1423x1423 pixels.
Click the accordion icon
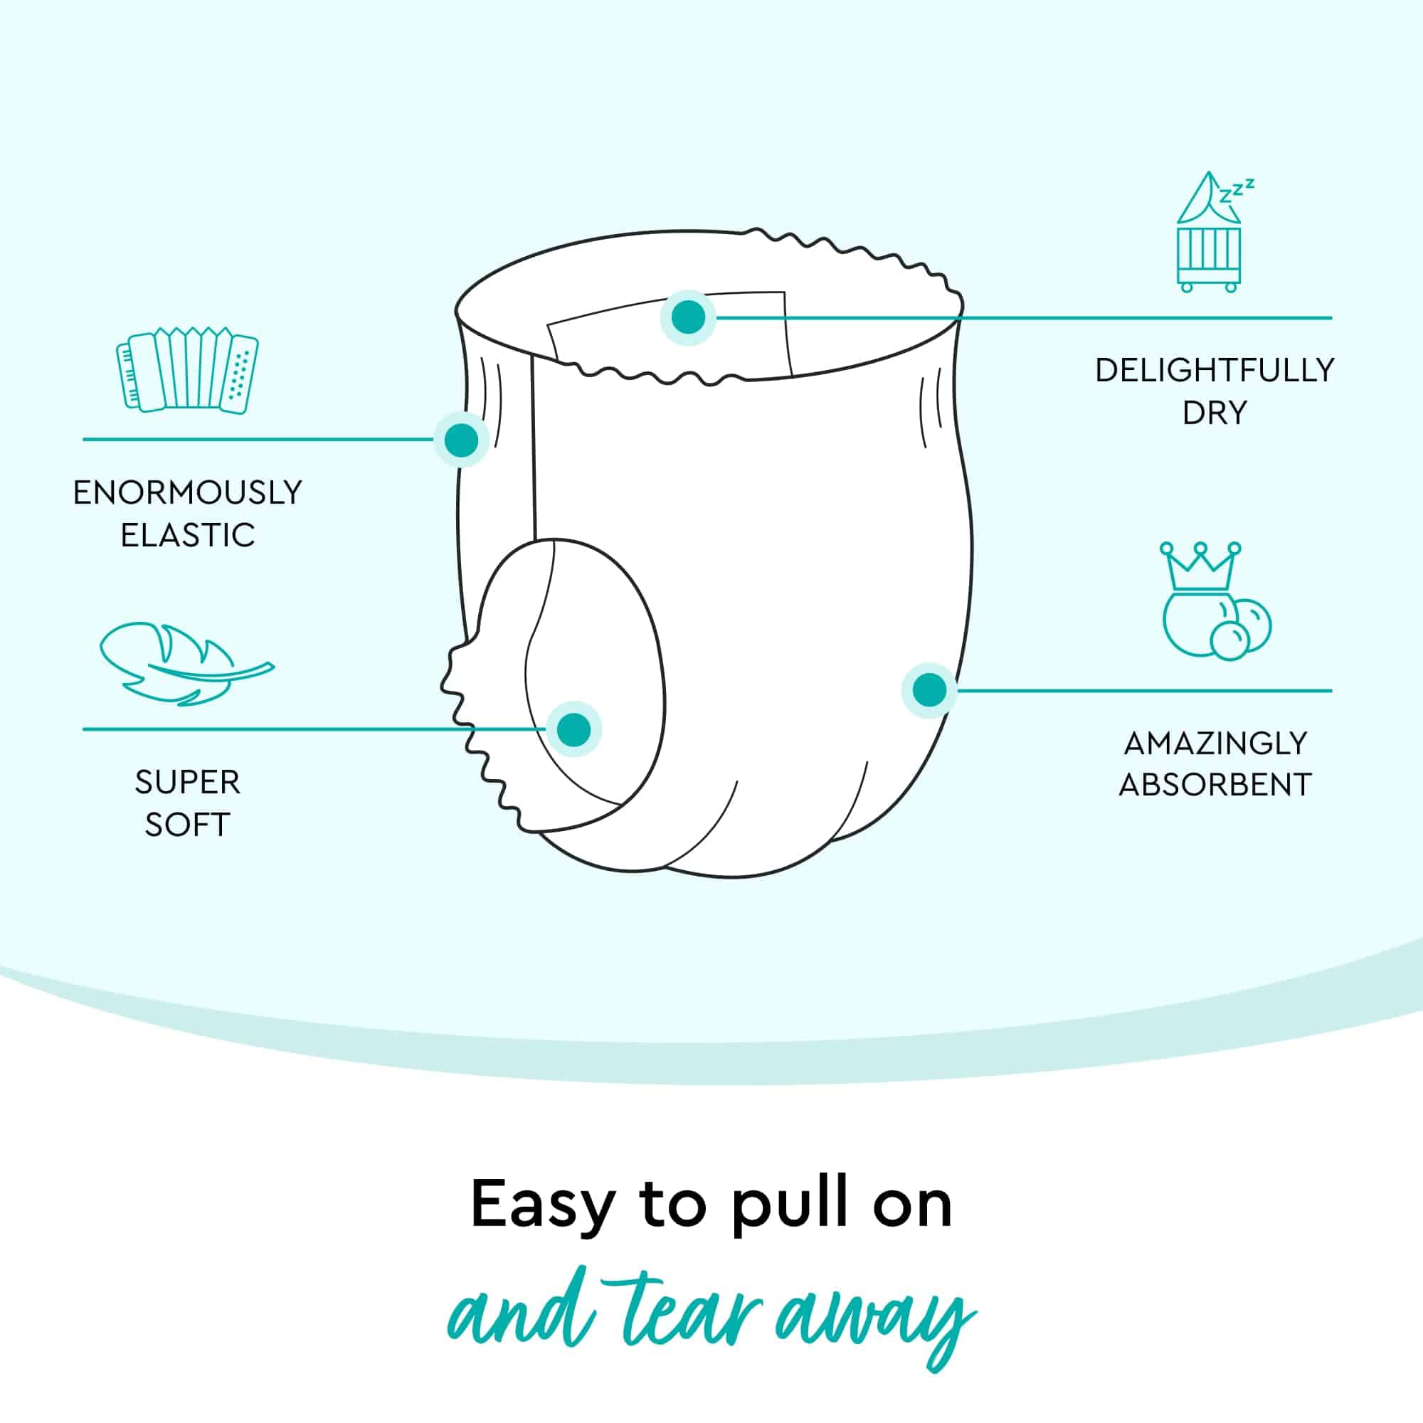[x=187, y=369]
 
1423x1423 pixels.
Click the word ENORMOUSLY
[x=187, y=493]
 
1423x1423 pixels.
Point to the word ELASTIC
[x=187, y=536]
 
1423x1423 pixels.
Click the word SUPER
[x=187, y=782]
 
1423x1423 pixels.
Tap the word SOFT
[x=187, y=825]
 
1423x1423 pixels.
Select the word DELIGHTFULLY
[x=1214, y=370]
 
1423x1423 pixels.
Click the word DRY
[x=1214, y=413]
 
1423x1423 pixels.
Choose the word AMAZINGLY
[x=1215, y=742]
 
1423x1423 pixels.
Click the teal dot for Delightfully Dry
[x=688, y=317]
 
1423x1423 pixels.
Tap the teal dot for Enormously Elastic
[x=461, y=440]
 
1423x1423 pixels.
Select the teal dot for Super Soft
[x=574, y=729]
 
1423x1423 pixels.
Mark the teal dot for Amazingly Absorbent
[x=929, y=690]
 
